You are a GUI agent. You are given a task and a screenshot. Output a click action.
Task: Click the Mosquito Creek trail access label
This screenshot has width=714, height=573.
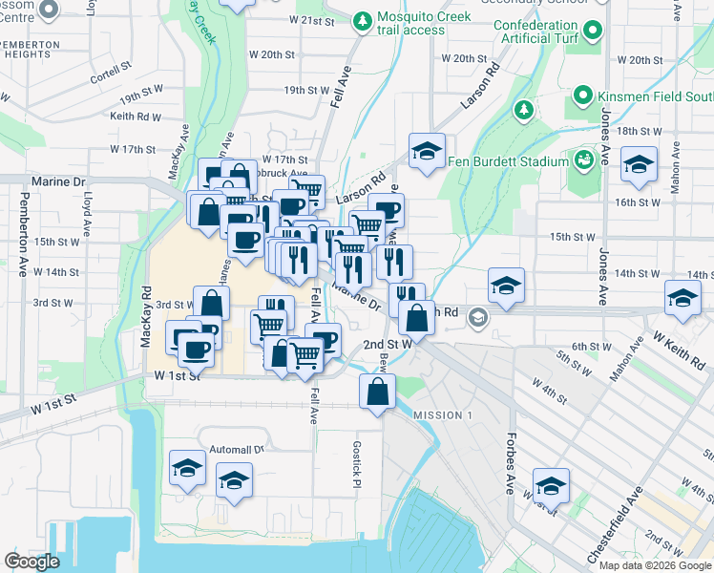[x=410, y=24]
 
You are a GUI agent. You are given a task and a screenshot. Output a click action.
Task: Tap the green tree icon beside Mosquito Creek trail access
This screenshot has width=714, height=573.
[x=362, y=19]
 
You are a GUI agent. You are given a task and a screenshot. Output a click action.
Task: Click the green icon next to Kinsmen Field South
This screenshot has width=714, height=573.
[x=583, y=95]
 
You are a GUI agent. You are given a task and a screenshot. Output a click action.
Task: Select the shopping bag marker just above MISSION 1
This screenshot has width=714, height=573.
[x=378, y=391]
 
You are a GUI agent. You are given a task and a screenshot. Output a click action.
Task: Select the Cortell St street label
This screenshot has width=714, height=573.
[x=109, y=73]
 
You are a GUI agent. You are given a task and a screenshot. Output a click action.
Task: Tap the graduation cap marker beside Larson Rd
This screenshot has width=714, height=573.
[x=427, y=151]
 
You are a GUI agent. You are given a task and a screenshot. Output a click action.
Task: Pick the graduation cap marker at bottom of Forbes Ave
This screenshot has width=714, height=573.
[x=551, y=484]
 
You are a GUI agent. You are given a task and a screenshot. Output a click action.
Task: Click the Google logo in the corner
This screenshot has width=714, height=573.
[x=31, y=562]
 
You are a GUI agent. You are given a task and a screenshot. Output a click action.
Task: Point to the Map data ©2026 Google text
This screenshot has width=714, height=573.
[x=655, y=565]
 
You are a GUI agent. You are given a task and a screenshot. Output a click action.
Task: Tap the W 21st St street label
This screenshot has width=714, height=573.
[x=311, y=20]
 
